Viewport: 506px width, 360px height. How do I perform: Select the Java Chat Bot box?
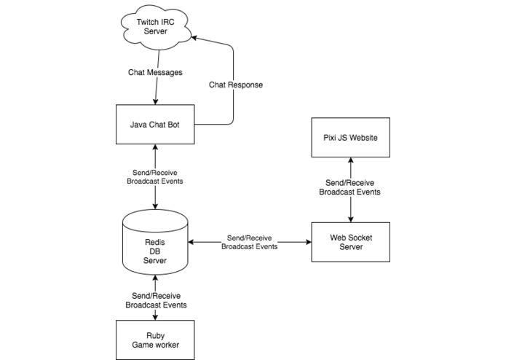(156, 124)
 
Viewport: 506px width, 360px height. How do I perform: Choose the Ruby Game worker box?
(155, 340)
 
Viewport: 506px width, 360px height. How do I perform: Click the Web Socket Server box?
(352, 242)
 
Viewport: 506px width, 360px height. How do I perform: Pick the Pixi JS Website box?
(351, 137)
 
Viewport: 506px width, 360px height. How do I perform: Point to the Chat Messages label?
(156, 72)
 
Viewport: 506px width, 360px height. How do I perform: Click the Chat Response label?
(235, 85)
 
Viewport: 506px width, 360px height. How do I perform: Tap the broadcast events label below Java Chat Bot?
(155, 176)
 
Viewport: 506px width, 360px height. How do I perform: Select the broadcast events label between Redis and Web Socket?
(249, 243)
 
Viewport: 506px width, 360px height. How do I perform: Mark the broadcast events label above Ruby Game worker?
(155, 300)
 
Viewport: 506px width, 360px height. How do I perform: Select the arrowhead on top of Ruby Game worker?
(156, 316)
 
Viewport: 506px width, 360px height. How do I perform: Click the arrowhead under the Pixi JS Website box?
(352, 161)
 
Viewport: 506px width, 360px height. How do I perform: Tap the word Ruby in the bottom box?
(155, 334)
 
